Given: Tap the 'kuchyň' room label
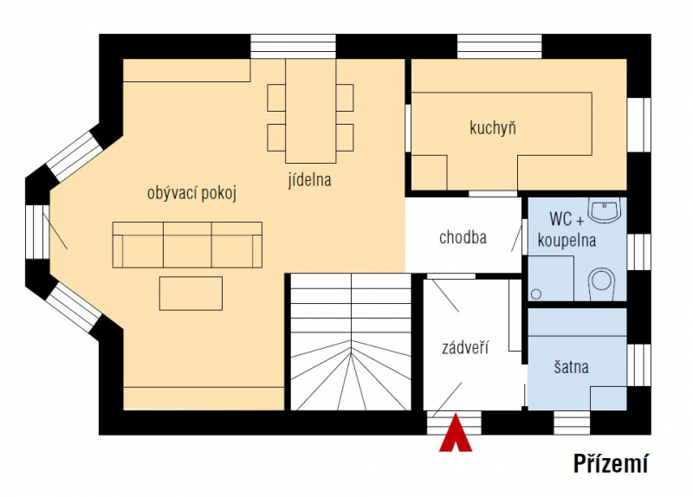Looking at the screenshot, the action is click(493, 128).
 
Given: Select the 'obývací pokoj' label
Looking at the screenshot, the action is click(191, 193).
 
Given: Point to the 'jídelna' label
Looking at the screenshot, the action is click(309, 180).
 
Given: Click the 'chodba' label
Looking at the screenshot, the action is click(463, 237).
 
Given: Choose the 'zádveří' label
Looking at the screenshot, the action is click(465, 348).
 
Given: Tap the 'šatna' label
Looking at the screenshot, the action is click(571, 366).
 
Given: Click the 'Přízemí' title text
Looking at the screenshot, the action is click(611, 463).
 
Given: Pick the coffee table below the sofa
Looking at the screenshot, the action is click(191, 294).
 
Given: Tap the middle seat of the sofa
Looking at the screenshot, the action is click(187, 245).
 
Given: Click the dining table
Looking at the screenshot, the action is click(311, 111).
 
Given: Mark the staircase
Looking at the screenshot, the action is click(351, 342).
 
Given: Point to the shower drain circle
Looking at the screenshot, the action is click(536, 294).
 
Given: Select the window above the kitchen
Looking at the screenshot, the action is click(500, 47).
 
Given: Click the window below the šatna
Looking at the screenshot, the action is click(572, 423).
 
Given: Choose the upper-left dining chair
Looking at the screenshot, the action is click(276, 98).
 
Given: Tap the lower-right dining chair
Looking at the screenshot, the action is click(345, 138).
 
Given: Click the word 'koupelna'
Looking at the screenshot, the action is click(567, 241).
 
